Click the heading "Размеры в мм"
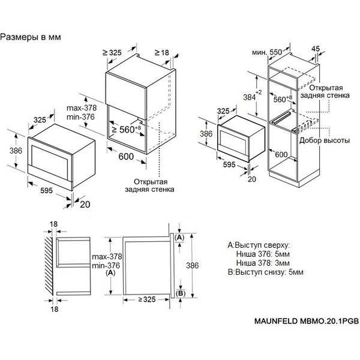[31, 37]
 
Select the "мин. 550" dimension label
[267, 52]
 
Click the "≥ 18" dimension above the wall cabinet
[164, 53]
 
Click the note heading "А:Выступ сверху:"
[259, 245]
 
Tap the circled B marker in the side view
[179, 293]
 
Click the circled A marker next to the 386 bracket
[179, 238]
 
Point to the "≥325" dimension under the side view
[148, 299]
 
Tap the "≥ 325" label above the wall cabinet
[112, 53]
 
